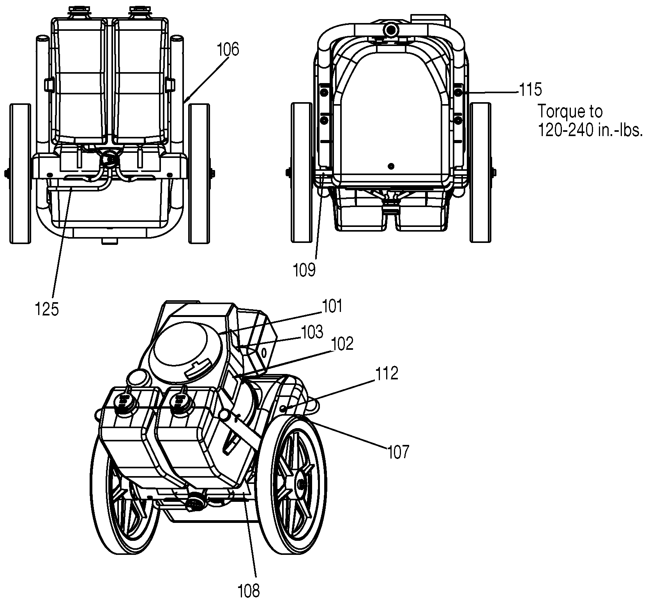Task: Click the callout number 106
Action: [x=228, y=50]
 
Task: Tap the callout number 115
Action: [x=530, y=90]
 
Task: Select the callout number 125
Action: [x=47, y=310]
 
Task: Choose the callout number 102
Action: [x=342, y=344]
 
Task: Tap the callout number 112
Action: [x=387, y=374]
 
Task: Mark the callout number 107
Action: [x=398, y=452]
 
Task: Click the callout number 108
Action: [x=248, y=591]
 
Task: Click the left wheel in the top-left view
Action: [x=19, y=174]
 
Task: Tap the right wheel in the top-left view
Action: [x=199, y=174]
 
